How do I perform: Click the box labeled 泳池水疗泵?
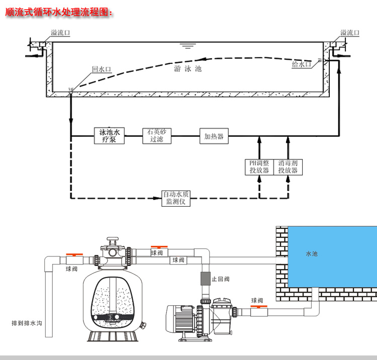tap(109, 136)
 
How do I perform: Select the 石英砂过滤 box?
tap(157, 136)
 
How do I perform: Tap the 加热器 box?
tap(214, 136)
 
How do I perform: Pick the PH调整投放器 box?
tap(259, 167)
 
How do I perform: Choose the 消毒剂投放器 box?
tap(288, 167)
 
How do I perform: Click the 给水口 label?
tap(301, 64)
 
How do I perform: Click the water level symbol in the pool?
tap(188, 47)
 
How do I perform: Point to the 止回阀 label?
tap(220, 279)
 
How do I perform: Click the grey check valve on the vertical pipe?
tap(205, 279)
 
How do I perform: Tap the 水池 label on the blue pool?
tap(312, 254)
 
